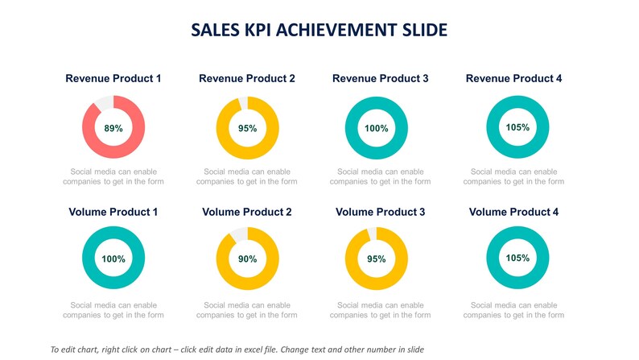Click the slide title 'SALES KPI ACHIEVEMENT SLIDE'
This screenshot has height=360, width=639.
319,31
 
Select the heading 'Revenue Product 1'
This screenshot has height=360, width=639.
113,79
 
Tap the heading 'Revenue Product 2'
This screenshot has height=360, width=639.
247,79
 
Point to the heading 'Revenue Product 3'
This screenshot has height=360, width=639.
380,79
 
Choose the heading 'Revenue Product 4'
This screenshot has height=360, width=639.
513,79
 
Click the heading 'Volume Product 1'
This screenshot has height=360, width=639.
113,213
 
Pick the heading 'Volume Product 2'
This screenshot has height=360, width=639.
247,213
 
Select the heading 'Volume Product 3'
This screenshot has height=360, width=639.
380,213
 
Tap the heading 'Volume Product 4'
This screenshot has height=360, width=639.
513,213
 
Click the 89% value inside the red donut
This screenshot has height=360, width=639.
113,128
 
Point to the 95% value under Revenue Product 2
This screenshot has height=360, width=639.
247,128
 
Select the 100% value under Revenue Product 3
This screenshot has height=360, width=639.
377,128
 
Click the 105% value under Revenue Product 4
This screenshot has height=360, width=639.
518,127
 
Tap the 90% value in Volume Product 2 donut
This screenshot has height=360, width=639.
247,259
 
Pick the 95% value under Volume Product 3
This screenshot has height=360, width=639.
377,259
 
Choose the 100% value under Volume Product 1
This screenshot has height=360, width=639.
113,259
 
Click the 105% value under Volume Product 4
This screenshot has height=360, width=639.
518,259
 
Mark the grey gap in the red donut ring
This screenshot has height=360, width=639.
104,101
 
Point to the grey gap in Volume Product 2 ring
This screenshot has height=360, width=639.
238,234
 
